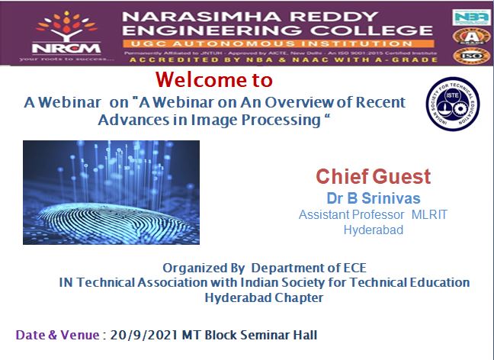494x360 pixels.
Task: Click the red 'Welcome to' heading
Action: pyautogui.click(x=213, y=79)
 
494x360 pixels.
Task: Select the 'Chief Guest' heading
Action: pyautogui.click(x=373, y=177)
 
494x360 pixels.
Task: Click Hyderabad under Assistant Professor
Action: pyautogui.click(x=373, y=229)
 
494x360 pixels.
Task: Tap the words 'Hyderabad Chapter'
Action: pyautogui.click(x=264, y=297)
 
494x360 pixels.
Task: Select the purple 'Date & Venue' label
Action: pyautogui.click(x=57, y=335)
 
